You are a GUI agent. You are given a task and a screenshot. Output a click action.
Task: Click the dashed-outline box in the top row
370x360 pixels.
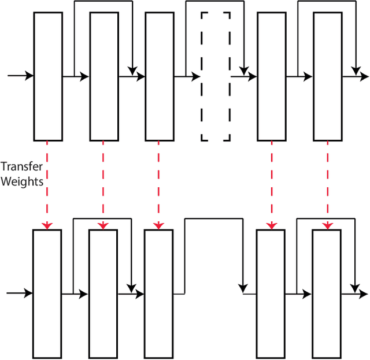pos(216,76)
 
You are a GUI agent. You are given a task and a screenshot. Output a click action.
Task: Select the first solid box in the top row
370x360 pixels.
pos(48,76)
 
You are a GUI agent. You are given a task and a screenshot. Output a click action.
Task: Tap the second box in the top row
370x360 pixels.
pos(104,76)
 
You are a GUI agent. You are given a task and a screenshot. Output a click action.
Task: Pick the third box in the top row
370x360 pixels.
pos(160,76)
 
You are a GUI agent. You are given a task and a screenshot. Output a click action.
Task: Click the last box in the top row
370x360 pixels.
pos(327,76)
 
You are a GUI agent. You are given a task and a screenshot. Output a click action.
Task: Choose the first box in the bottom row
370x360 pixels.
pos(47,294)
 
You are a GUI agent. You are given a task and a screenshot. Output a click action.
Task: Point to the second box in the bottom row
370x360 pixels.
pos(103,294)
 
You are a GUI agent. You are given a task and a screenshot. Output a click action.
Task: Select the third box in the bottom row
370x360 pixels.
pos(158,294)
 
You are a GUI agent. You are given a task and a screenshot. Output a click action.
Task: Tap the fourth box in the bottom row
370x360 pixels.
pos(270,294)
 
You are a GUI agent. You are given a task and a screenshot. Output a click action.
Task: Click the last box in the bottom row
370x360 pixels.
pos(326,294)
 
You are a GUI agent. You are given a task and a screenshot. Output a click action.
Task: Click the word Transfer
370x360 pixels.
pos(22,168)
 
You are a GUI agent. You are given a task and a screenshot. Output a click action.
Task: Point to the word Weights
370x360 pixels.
pos(22,181)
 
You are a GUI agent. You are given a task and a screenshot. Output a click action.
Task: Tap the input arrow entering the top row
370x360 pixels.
pos(20,76)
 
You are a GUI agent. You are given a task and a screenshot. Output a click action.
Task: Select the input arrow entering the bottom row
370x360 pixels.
pos(20,294)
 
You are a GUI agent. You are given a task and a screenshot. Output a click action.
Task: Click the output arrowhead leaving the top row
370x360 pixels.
pos(364,76)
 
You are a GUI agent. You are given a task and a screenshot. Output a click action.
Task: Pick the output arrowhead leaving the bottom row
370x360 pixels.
pos(362,294)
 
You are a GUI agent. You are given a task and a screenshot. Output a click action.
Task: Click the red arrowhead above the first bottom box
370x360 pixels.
pos(48,225)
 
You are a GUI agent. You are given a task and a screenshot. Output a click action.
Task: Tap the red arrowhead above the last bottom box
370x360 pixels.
pos(327,225)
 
